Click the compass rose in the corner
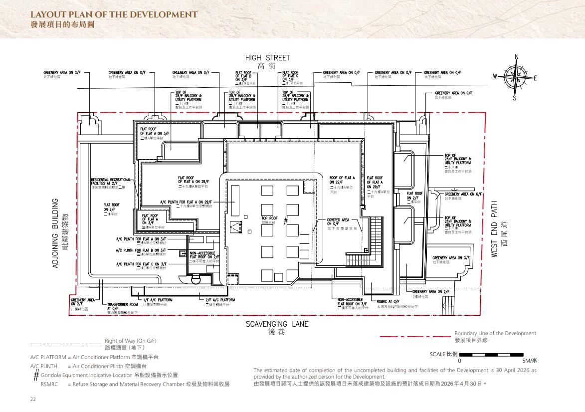[x=516, y=77]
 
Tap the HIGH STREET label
[x=267, y=58]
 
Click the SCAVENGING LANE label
[x=277, y=324]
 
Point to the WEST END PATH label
[x=495, y=229]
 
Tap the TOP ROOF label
[x=269, y=218]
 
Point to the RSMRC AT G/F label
[x=388, y=301]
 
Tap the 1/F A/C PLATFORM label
[x=158, y=300]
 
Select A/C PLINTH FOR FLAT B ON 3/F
[x=141, y=250]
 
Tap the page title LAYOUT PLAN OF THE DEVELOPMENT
[x=114, y=14]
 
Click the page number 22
[x=33, y=400]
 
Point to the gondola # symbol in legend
[x=36, y=375]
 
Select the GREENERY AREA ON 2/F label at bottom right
[x=430, y=291]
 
